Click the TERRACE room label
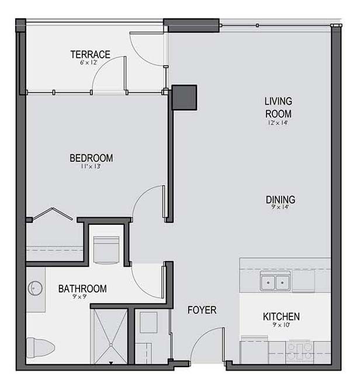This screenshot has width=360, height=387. tap(90, 54)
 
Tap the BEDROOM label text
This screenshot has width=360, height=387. tap(91, 158)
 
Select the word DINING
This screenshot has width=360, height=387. tap(281, 200)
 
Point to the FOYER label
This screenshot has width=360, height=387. tap(202, 310)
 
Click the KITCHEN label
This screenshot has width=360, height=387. tap(281, 316)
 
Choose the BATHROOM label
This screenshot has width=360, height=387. tap(82, 288)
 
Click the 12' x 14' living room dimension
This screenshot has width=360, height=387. tap(278, 123)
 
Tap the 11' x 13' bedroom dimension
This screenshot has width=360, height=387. tap(91, 166)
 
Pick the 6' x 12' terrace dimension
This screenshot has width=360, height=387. tap(88, 62)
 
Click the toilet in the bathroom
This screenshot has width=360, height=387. tap(40, 348)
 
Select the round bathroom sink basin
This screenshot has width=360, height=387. tap(35, 288)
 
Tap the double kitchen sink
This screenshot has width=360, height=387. tap(275, 281)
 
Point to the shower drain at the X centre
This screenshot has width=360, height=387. tap(111, 344)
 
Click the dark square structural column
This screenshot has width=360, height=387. tap(184, 97)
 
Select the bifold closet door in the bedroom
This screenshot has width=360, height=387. tap(53, 214)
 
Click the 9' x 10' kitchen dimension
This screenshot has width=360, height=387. tap(281, 325)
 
